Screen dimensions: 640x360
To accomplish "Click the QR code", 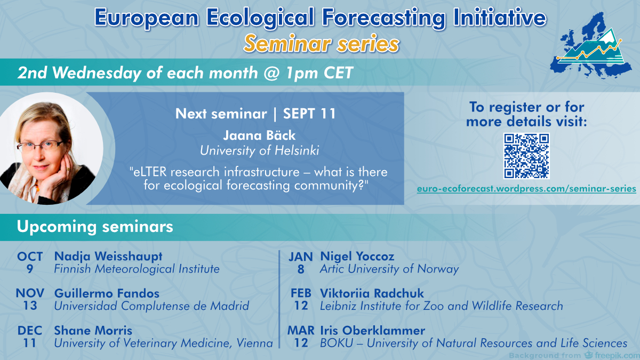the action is pyautogui.click(x=526, y=156).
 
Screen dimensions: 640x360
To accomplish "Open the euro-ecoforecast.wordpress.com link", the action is pyautogui.click(x=526, y=189).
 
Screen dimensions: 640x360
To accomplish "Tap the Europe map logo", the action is pyautogui.click(x=591, y=46).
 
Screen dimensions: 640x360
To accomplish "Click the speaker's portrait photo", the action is pyautogui.click(x=51, y=149).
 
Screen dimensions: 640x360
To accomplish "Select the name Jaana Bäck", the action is pyautogui.click(x=259, y=135).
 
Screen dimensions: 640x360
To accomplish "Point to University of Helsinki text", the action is pyautogui.click(x=259, y=150).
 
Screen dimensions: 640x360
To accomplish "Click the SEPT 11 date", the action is pyautogui.click(x=309, y=114).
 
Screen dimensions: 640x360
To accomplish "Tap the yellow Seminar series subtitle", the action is pyautogui.click(x=321, y=44).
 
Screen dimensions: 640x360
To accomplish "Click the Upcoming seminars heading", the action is pyautogui.click(x=95, y=227).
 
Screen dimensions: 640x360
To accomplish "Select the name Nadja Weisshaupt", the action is pyautogui.click(x=108, y=257).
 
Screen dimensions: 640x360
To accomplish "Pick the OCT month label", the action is pyautogui.click(x=30, y=257).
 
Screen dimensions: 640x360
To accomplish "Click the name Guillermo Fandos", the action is pyautogui.click(x=107, y=293).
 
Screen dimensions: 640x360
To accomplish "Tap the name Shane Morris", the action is pyautogui.click(x=93, y=331).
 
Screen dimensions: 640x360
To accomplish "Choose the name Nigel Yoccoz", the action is pyautogui.click(x=357, y=257).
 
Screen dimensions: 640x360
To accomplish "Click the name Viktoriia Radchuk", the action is pyautogui.click(x=372, y=293).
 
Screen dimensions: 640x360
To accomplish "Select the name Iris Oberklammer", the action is pyautogui.click(x=372, y=331).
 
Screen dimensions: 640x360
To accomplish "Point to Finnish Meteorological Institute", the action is pyautogui.click(x=137, y=269).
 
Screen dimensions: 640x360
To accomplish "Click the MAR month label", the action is pyautogui.click(x=301, y=331).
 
